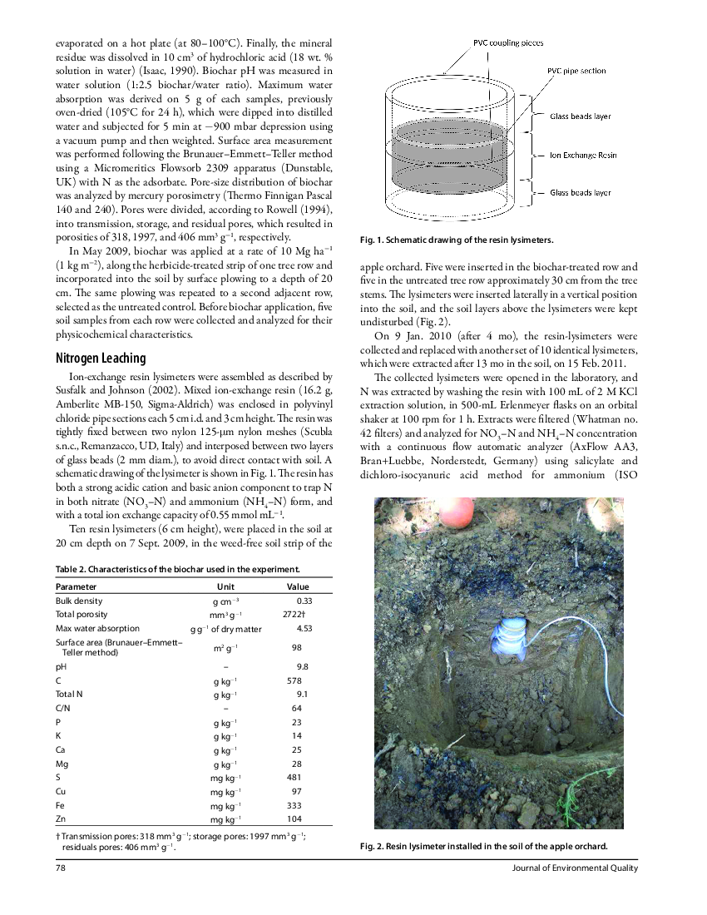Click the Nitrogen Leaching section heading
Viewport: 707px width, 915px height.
pos(101,359)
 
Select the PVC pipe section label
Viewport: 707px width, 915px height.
pos(576,72)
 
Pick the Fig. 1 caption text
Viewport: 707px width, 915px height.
pos(456,240)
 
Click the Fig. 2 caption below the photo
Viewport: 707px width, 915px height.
pos(483,847)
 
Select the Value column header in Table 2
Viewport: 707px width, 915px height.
pos(297,586)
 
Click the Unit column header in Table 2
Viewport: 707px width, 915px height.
pos(225,586)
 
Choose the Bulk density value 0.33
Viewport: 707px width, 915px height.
pos(304,601)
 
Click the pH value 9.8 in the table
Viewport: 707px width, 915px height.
pos(303,666)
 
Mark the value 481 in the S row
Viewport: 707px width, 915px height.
pos(294,777)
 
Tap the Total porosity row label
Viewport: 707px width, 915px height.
pos(81,614)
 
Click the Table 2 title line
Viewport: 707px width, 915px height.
pos(177,569)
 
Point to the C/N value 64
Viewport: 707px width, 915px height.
pos(297,708)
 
